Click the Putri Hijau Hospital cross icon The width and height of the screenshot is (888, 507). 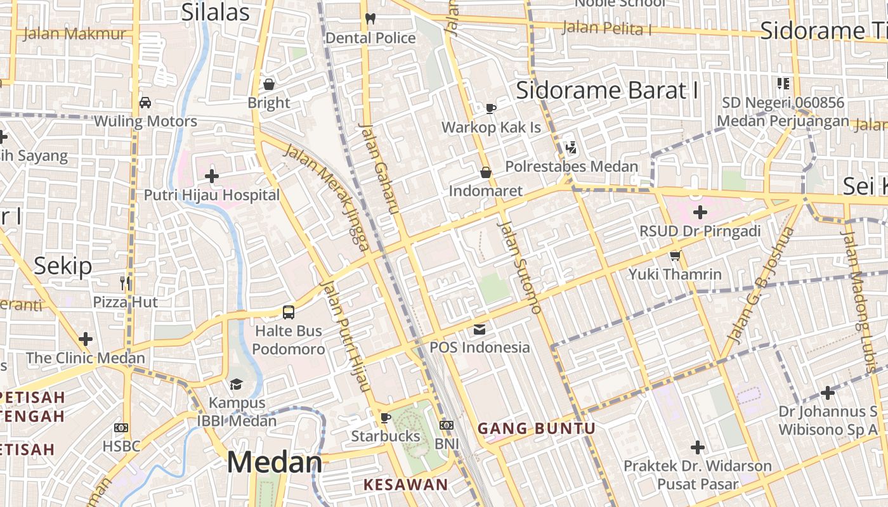tap(212, 176)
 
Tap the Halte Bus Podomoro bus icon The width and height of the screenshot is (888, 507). tap(289, 312)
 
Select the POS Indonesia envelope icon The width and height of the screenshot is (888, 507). tap(479, 329)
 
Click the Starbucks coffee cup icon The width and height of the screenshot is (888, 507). tap(385, 418)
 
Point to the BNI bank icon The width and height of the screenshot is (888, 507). tap(447, 425)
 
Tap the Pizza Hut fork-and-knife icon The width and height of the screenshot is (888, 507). tap(126, 283)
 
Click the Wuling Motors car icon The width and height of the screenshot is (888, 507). tap(145, 103)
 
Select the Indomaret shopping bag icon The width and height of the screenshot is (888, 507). tap(486, 172)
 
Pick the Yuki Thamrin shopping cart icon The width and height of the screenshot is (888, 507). tap(675, 255)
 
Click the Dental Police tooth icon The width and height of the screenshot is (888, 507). tap(371, 19)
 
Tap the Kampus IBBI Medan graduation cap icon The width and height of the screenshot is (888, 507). tap(237, 384)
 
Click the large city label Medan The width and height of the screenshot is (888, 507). tap(274, 463)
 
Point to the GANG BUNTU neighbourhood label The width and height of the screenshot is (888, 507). tap(536, 429)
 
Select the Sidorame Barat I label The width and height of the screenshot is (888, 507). tap(607, 91)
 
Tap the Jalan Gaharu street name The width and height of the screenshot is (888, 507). tap(378, 168)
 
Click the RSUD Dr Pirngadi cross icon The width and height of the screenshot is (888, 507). tap(700, 212)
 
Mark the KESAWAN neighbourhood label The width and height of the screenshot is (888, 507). tap(405, 485)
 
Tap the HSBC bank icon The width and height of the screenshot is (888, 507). tap(121, 428)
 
